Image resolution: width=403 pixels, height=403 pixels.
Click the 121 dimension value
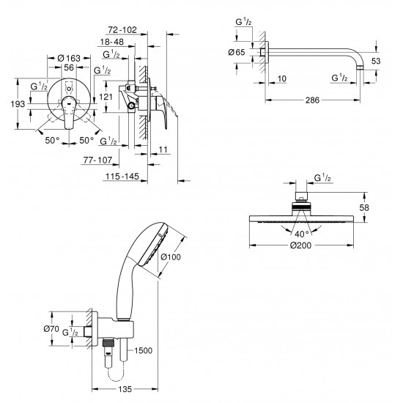point(106,96)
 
